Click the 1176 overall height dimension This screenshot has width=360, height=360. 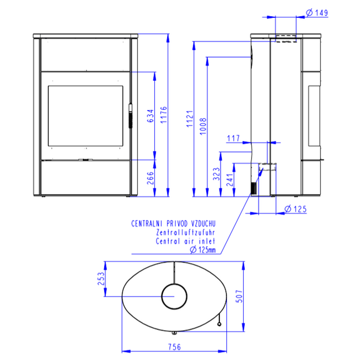click(164, 115)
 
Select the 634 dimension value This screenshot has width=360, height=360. click(150, 116)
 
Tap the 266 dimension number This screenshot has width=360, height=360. click(150, 178)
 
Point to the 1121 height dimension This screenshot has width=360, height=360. click(190, 119)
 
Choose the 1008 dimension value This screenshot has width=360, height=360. click(203, 126)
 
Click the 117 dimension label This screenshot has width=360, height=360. click(233, 138)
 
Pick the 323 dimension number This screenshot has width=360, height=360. click(217, 174)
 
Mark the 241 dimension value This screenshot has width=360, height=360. click(230, 180)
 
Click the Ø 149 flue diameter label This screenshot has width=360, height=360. click(317, 13)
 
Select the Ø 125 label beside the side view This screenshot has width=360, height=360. click(295, 209)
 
